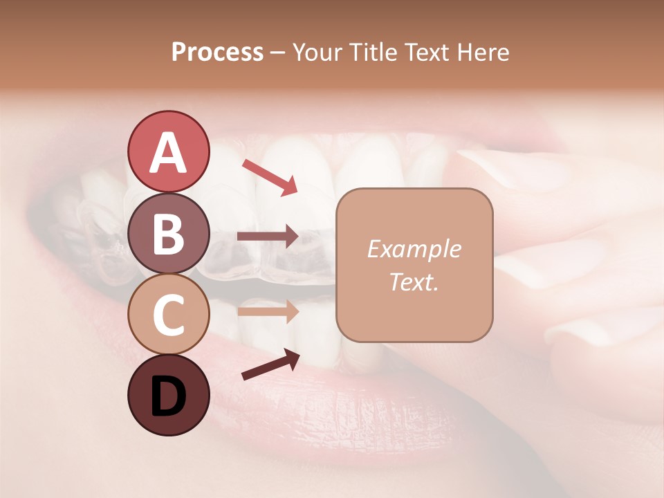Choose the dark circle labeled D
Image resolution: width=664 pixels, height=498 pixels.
point(168,395)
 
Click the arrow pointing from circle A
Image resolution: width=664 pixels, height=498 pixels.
point(269,176)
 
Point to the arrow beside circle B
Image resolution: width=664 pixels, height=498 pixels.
point(268,236)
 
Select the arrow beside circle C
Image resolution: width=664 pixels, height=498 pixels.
point(268,311)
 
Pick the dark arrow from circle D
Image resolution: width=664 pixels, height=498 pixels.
point(270,364)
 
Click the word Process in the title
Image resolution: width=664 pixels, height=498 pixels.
point(217,53)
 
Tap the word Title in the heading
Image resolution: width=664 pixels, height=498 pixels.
point(374,53)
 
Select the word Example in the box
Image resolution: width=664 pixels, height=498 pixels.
point(414,250)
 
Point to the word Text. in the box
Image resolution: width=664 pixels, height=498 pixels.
point(414,282)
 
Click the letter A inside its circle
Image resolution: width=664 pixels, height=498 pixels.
point(168,152)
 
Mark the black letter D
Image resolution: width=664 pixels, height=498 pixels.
point(168,396)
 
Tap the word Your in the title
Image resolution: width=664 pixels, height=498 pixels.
point(319,53)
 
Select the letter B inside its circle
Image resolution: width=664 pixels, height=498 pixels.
point(168,234)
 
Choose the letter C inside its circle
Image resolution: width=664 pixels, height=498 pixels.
point(168,315)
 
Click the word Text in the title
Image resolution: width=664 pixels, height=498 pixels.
point(427,53)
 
